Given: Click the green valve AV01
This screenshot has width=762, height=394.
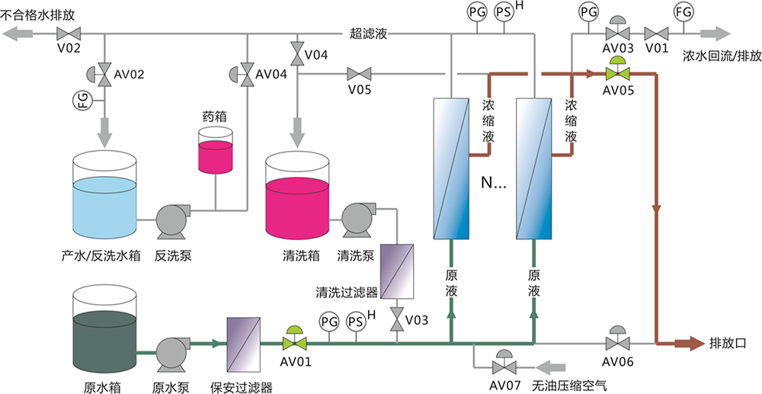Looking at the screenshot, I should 292,341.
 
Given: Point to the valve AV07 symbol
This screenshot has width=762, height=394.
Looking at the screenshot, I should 503,364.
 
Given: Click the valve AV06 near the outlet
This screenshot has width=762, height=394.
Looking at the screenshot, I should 617,341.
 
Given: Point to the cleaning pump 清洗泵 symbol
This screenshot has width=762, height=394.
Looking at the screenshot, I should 357,220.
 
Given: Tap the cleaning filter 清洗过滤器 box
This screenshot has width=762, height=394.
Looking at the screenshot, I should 397,271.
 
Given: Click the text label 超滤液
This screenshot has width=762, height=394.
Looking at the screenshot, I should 370,34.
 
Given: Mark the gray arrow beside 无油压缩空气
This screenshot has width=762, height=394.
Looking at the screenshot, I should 553,364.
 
